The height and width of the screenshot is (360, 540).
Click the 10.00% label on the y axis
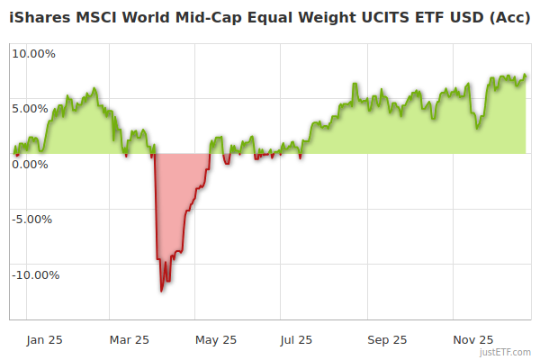pos(33,53)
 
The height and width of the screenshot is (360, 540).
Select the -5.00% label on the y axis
pos(34,219)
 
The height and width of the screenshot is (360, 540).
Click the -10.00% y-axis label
pos(32,275)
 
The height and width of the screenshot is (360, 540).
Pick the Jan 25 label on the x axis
pos(44,340)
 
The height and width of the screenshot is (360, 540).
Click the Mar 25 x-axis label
pos(129,340)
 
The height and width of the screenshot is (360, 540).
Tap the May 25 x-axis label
pos(216,340)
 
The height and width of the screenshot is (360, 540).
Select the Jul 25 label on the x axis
pos(296,340)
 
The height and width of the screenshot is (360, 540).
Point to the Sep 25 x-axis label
pos(387,340)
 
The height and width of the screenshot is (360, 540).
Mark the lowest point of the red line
pos(162,291)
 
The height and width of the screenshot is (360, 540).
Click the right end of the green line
pos(526,76)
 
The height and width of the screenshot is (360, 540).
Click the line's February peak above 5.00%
pos(94,89)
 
